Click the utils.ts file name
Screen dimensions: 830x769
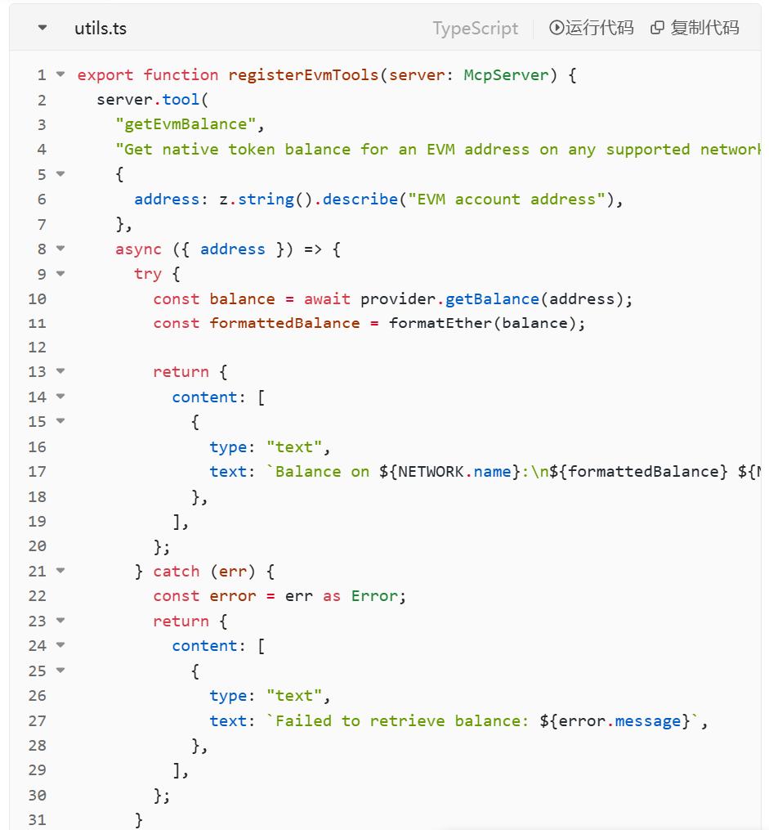click(x=100, y=29)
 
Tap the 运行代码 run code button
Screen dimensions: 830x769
click(x=592, y=28)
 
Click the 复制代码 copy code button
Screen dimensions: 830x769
click(x=695, y=28)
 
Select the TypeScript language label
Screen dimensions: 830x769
click(x=475, y=29)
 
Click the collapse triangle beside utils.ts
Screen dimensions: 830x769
click(x=42, y=29)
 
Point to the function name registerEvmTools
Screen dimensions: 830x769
click(x=303, y=75)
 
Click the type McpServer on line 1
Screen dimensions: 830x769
click(x=507, y=75)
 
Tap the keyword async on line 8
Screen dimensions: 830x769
click(x=138, y=249)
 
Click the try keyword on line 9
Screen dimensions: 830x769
click(x=148, y=274)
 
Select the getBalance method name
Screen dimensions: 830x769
click(x=492, y=299)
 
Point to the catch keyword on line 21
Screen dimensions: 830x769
click(x=177, y=572)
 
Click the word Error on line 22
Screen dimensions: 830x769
click(x=374, y=596)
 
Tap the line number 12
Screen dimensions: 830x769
click(x=38, y=348)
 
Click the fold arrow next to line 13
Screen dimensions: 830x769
click(x=60, y=371)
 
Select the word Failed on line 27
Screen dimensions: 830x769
click(x=304, y=721)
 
